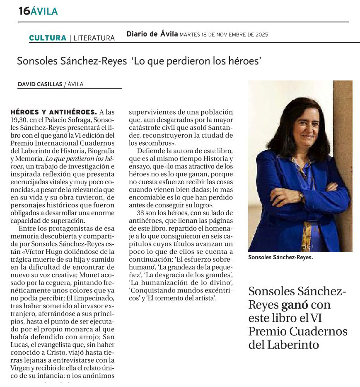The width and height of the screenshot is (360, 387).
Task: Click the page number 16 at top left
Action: pos(24,11)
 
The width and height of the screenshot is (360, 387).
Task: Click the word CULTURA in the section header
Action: pos(48,38)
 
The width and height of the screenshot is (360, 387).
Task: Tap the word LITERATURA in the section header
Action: pos(94,38)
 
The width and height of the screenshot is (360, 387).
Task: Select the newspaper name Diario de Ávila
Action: pos(152,34)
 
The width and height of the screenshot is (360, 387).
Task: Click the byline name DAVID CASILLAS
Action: pos(40,84)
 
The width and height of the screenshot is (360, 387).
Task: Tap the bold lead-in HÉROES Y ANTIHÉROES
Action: pos(53,112)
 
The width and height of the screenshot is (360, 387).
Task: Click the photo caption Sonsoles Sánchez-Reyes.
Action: pos(280,257)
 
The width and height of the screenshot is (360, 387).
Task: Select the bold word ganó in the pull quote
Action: pos(295,305)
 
